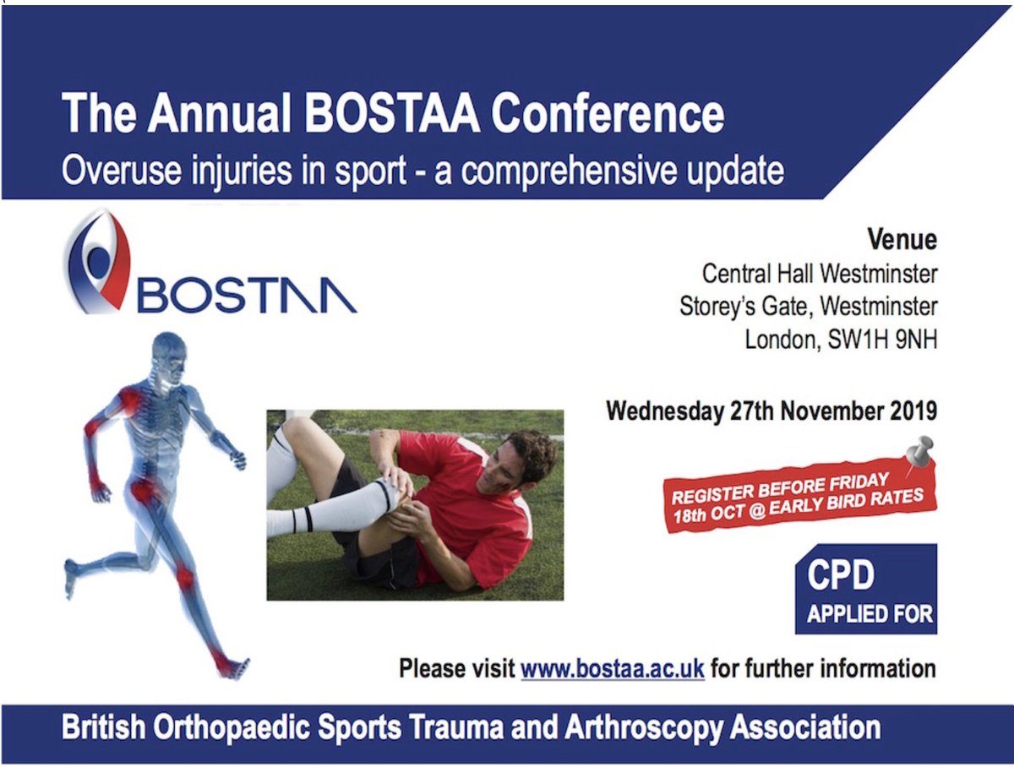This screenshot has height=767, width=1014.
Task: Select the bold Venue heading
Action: click(902, 240)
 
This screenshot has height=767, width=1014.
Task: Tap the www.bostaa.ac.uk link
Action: click(613, 669)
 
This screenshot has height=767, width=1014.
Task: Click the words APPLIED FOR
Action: click(870, 613)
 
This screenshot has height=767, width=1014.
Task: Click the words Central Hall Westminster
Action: click(820, 274)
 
